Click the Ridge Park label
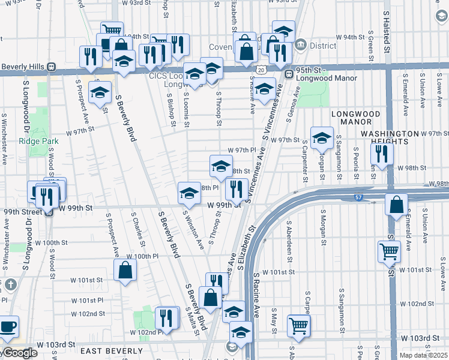pos(39,141)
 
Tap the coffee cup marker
pos(8,327)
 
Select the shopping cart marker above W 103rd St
pos(298,325)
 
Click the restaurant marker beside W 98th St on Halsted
pos(382,154)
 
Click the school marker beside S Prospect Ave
pos(100,92)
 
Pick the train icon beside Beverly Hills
pos(52,67)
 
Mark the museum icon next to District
pos(301,45)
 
